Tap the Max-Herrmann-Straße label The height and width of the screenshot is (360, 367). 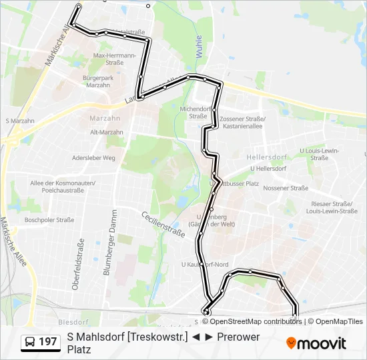pyautogui.click(x=114, y=59)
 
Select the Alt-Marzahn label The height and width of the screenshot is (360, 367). pyautogui.click(x=107, y=132)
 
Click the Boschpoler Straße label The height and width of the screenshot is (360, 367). pyautogui.click(x=49, y=220)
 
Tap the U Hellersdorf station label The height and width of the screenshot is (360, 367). pyautogui.click(x=266, y=169)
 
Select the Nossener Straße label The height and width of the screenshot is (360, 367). pyautogui.click(x=286, y=188)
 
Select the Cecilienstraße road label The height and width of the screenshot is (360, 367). pyautogui.click(x=163, y=223)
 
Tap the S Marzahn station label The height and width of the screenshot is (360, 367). pyautogui.click(x=19, y=121)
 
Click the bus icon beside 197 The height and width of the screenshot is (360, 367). pyautogui.click(x=31, y=342)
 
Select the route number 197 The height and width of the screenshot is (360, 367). pyautogui.click(x=48, y=342)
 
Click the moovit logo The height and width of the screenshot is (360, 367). pyautogui.click(x=316, y=343)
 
